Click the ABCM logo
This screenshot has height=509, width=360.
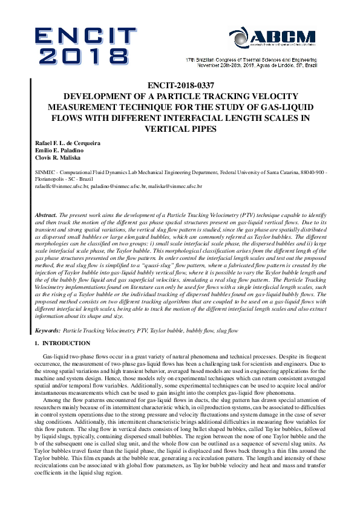[283, 37]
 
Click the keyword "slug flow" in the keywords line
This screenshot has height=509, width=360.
[226, 331]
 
